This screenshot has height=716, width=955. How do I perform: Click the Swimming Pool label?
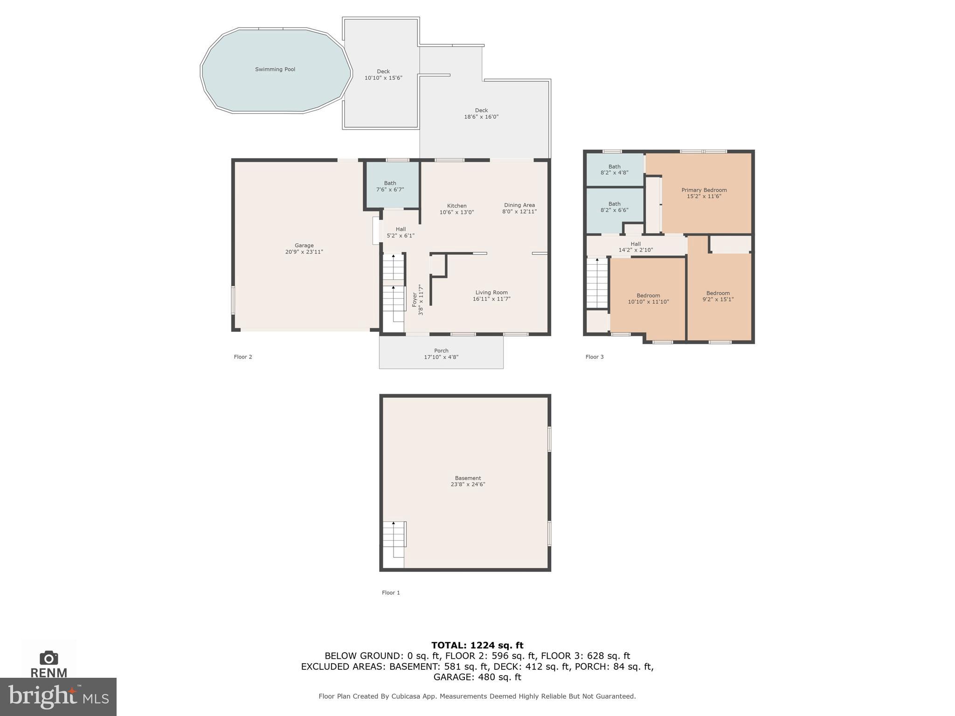tap(275, 69)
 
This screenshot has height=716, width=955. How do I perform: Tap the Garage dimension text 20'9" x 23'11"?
tap(304, 252)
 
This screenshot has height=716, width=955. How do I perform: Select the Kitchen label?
tap(457, 206)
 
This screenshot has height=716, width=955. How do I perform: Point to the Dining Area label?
tap(519, 205)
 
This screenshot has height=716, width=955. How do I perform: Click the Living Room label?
tap(491, 293)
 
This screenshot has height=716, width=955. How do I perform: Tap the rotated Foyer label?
tap(415, 300)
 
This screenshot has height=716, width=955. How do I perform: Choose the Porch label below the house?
tap(441, 351)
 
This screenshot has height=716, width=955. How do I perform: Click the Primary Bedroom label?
tap(704, 190)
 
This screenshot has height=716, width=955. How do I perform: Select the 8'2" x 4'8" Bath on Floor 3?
tap(614, 169)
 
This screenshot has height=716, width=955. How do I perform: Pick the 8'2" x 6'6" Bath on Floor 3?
tap(614, 207)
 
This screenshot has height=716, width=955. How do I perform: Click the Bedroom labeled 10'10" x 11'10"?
tap(648, 298)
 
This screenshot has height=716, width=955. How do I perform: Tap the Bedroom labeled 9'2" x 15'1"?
tap(718, 296)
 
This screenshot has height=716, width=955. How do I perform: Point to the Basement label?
tap(468, 478)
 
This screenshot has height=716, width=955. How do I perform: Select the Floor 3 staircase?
tap(597, 283)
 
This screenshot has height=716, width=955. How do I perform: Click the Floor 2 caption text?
tap(243, 357)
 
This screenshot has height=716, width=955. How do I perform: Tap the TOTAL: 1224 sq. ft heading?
tap(477, 645)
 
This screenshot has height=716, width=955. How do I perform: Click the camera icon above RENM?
tap(49, 658)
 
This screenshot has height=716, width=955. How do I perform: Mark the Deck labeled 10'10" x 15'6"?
tap(383, 75)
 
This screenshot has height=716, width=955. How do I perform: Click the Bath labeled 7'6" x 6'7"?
tap(390, 186)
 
